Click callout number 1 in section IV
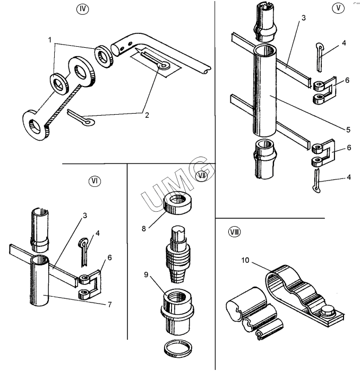[51, 40]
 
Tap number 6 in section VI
[109, 257]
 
